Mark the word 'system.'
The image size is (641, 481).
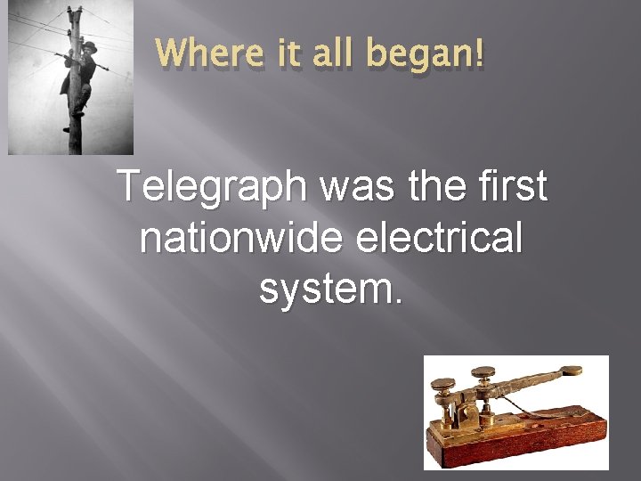pos(331,289)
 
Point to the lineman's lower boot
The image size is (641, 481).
pos(69,128)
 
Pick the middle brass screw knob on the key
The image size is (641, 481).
pos(483,371)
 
